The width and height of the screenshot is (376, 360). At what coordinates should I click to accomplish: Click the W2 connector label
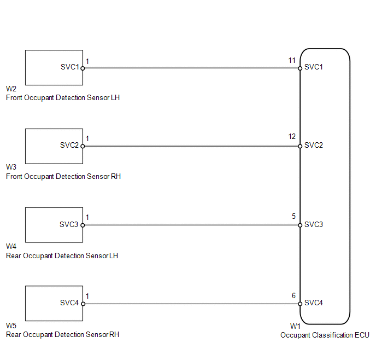click(11, 89)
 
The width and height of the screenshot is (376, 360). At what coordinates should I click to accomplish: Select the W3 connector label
click(11, 167)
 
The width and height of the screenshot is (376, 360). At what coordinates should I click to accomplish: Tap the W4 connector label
click(11, 246)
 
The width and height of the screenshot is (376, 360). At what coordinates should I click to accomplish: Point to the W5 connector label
click(11, 326)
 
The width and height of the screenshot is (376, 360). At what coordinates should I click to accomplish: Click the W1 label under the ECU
click(295, 326)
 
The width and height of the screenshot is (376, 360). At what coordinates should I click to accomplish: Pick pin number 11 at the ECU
click(292, 60)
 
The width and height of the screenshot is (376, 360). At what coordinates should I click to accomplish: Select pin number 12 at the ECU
click(292, 137)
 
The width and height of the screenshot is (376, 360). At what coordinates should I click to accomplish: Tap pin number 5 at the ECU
click(294, 216)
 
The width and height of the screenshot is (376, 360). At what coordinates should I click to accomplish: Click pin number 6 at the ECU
click(294, 295)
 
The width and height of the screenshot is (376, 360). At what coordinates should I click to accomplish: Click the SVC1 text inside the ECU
click(314, 67)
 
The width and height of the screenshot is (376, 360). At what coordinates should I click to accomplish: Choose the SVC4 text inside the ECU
click(314, 303)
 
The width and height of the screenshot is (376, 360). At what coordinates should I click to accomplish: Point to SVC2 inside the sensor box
click(69, 146)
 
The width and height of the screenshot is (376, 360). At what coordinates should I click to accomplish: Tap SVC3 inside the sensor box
click(69, 224)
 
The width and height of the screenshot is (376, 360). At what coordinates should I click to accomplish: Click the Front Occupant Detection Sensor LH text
click(63, 98)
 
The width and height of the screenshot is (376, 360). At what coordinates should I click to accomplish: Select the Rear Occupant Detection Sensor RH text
click(62, 335)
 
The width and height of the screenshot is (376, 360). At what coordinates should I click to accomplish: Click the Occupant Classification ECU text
click(325, 335)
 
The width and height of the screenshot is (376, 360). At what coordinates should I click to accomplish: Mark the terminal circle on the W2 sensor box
click(83, 68)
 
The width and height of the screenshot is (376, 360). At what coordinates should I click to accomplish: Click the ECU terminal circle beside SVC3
click(300, 225)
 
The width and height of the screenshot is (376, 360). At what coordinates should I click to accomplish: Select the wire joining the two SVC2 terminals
click(191, 146)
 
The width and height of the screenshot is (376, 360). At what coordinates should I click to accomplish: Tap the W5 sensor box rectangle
click(54, 303)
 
